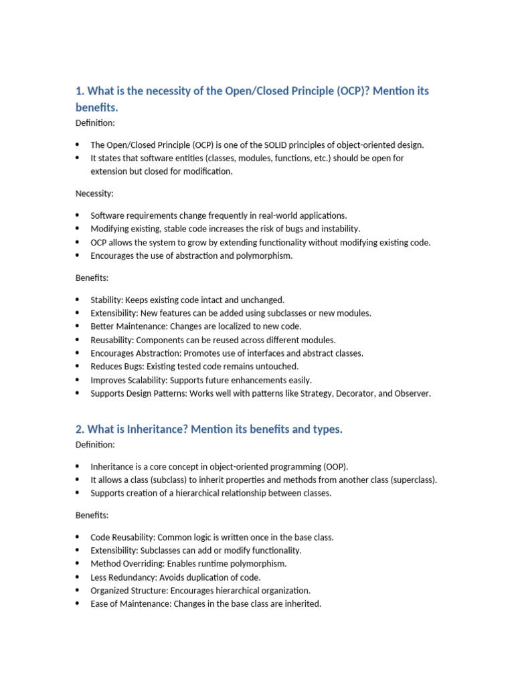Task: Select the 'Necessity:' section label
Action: (x=94, y=193)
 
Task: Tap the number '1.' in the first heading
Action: (x=80, y=91)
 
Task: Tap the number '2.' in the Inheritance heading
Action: (x=80, y=429)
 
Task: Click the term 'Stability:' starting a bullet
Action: (x=107, y=300)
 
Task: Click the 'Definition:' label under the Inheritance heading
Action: (x=95, y=444)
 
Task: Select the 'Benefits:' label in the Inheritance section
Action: (x=92, y=515)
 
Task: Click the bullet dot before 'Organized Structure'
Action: (x=78, y=591)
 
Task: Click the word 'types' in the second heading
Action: (x=326, y=429)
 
